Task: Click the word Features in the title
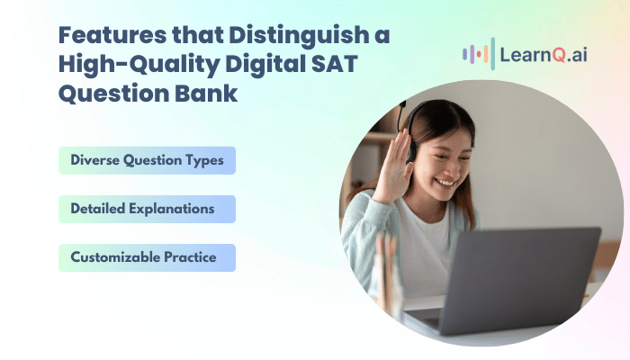[112, 34]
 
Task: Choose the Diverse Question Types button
[147, 160]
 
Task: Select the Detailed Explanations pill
[147, 209]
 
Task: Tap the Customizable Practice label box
[147, 257]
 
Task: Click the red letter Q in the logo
[559, 55]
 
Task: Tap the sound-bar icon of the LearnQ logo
[479, 54]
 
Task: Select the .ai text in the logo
[578, 55]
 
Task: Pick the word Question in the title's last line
[113, 94]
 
